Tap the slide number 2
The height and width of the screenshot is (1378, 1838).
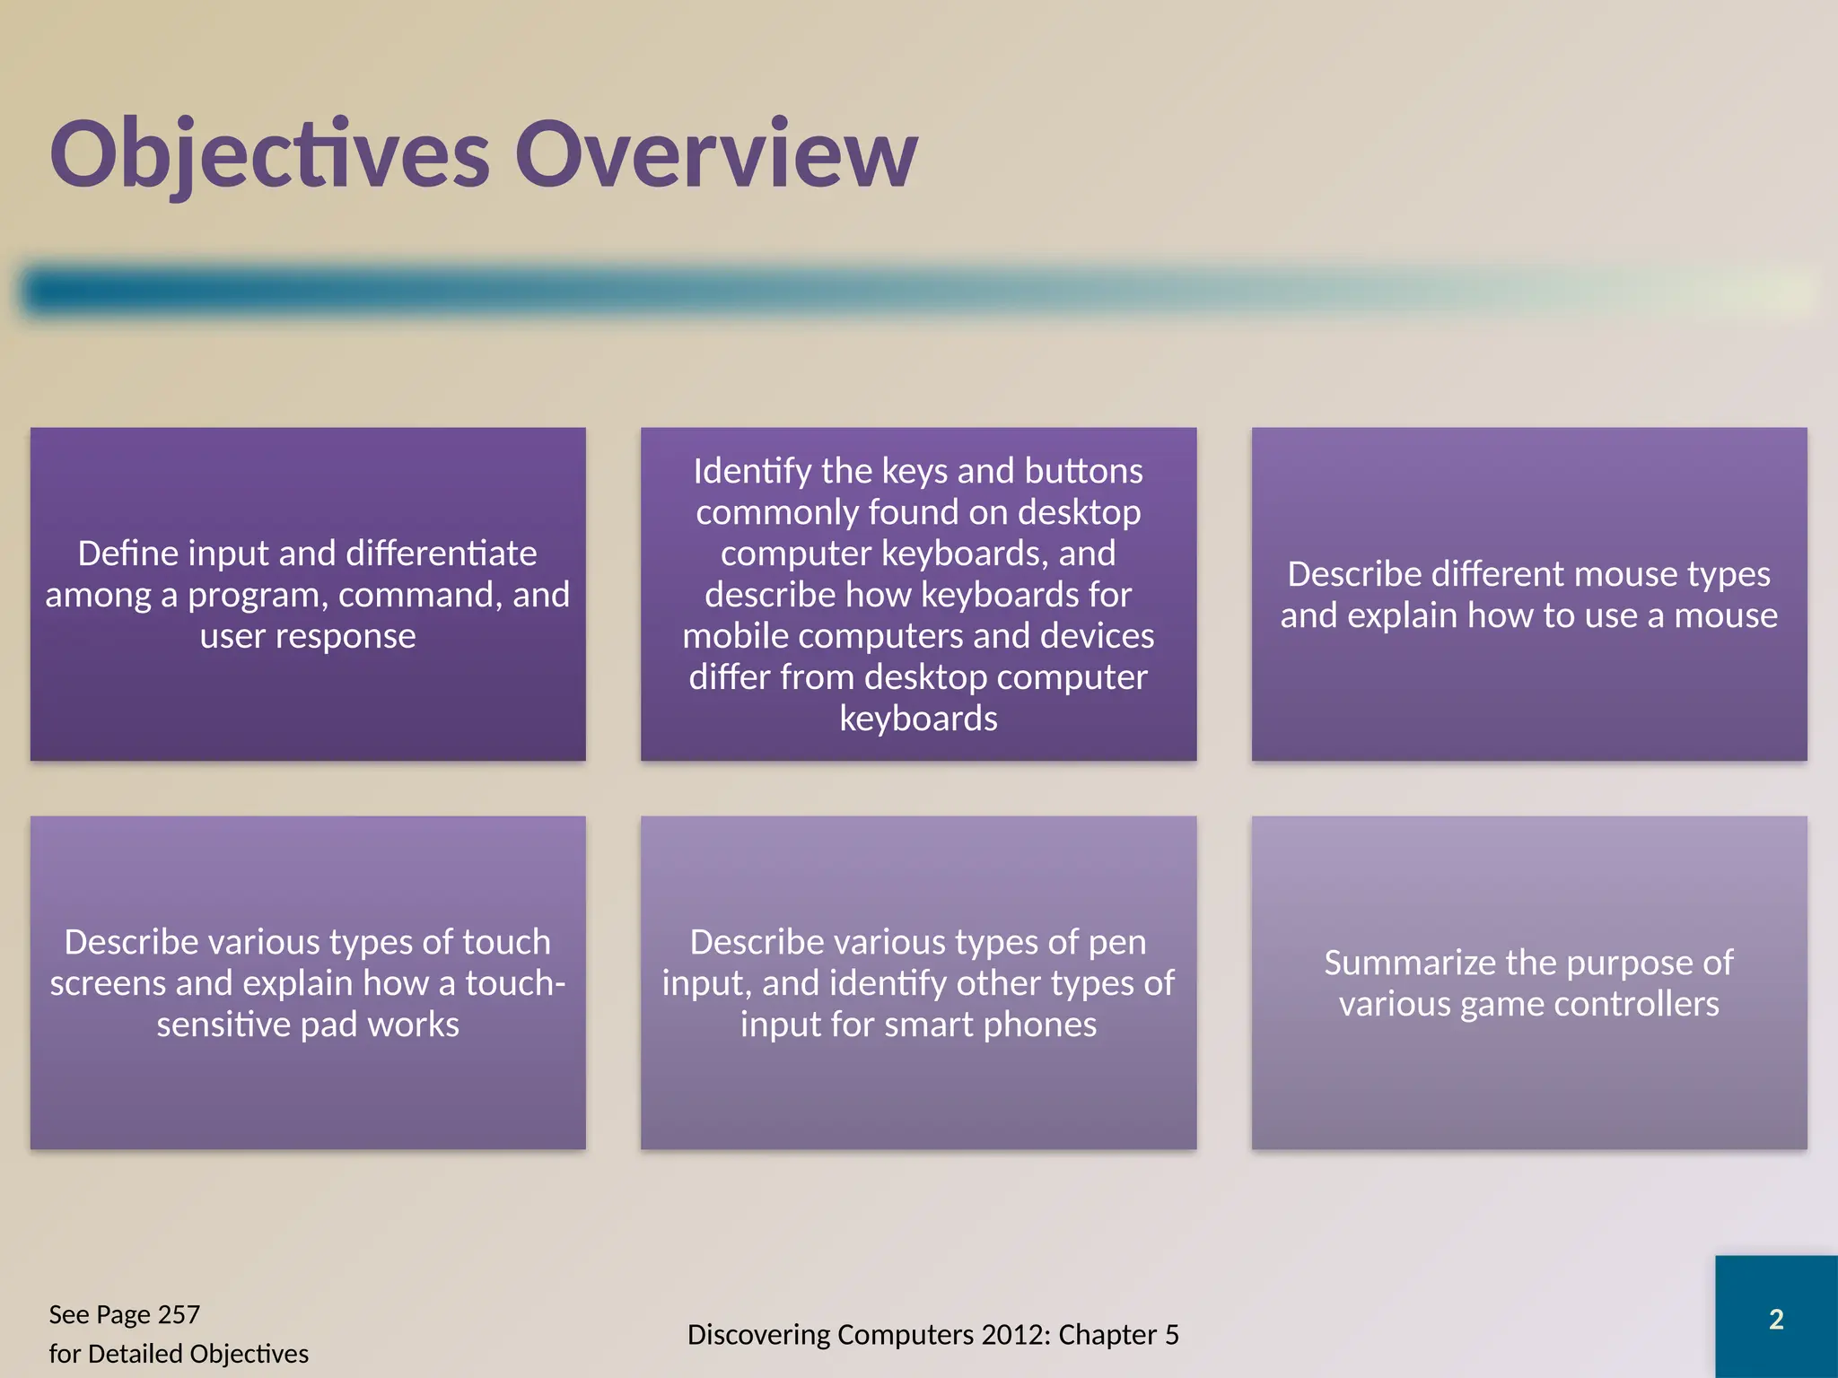click(x=1776, y=1320)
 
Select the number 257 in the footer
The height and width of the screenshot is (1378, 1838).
click(x=178, y=1314)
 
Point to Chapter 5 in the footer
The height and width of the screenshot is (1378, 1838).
click(x=1118, y=1335)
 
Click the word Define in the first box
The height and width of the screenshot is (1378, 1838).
click(x=127, y=554)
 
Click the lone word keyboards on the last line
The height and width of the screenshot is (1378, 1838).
click(x=918, y=719)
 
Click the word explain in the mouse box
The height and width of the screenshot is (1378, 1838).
click(x=1403, y=615)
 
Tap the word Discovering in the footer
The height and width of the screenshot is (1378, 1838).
click(x=758, y=1335)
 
